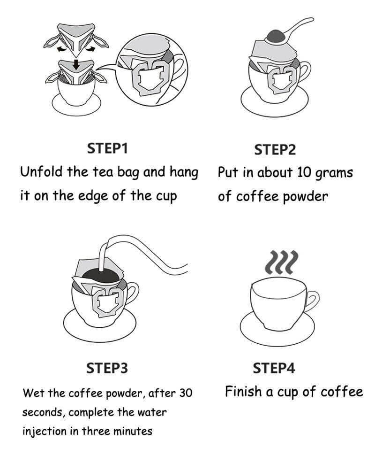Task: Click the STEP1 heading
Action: pos(107,148)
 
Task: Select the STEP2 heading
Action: pos(275,150)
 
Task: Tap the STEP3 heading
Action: pos(107,368)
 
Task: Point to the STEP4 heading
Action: pos(274,368)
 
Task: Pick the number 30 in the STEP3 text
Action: pos(186,393)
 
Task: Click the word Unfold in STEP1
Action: pos(42,171)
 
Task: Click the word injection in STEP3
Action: pos(44,431)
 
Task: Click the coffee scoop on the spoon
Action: pos(276,36)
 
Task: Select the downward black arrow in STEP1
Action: pos(76,64)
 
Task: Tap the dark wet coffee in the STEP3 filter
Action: pos(101,275)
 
